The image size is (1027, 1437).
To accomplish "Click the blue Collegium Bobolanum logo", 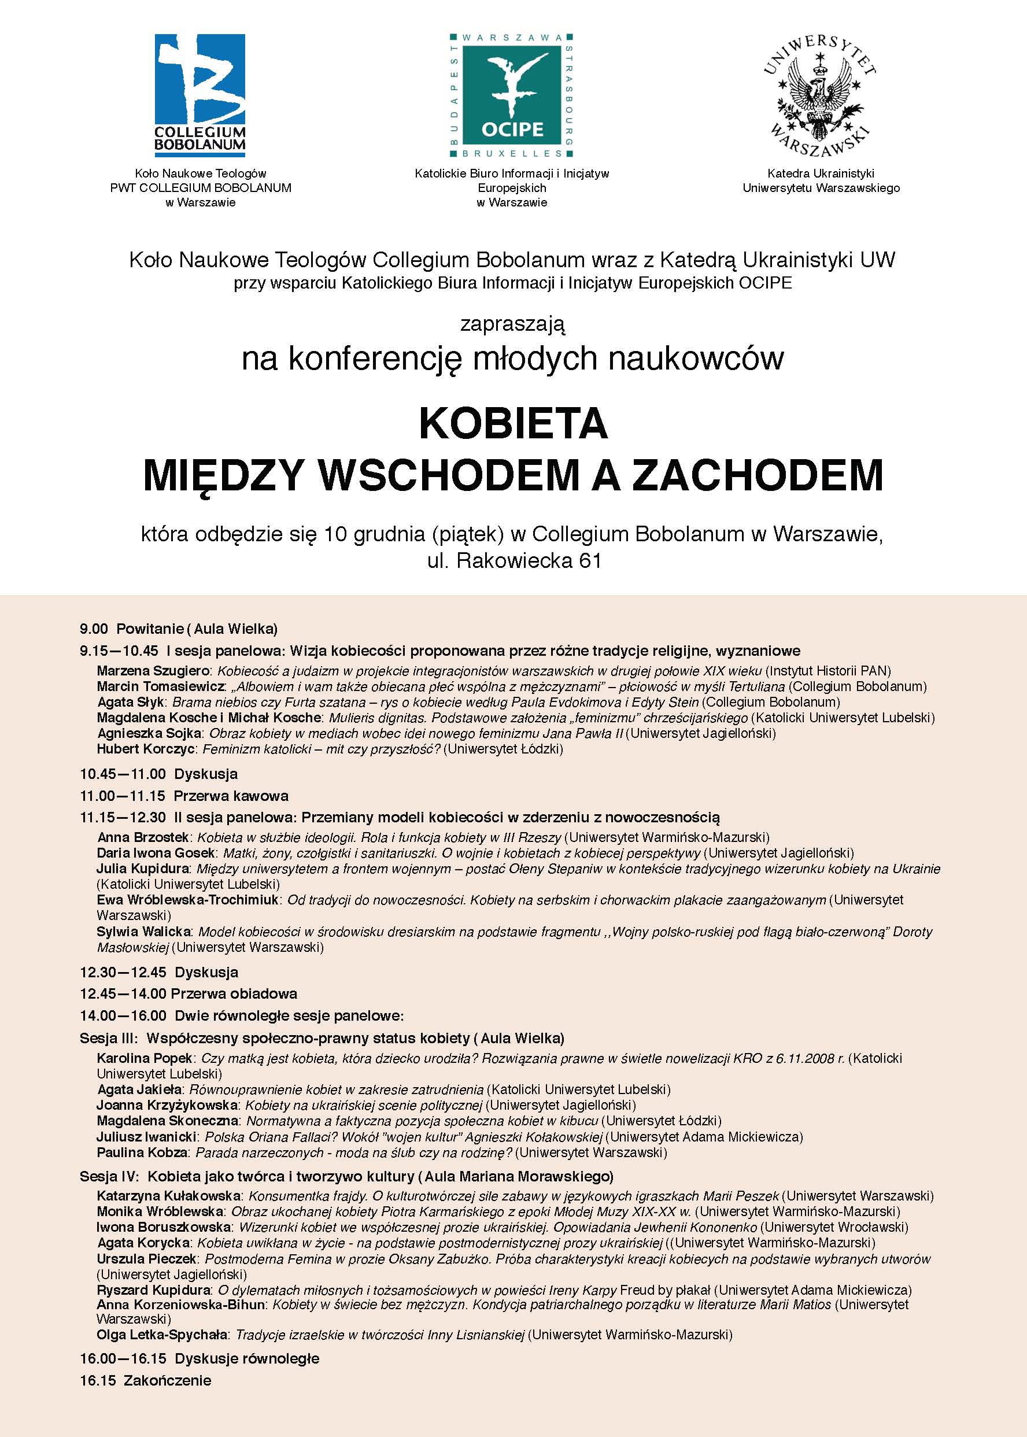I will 200,93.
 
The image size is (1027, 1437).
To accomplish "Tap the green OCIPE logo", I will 512,95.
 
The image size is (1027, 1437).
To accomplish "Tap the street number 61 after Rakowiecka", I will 589,561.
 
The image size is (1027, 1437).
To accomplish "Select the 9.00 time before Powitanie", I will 94,629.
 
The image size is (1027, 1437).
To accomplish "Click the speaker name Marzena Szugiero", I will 153,671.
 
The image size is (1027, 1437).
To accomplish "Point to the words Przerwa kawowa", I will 231,796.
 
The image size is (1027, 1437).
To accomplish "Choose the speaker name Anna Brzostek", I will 143,838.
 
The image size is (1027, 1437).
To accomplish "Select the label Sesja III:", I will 109,1038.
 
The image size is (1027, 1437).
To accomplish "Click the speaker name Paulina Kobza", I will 142,1152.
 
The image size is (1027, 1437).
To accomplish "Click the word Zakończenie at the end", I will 168,1380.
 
